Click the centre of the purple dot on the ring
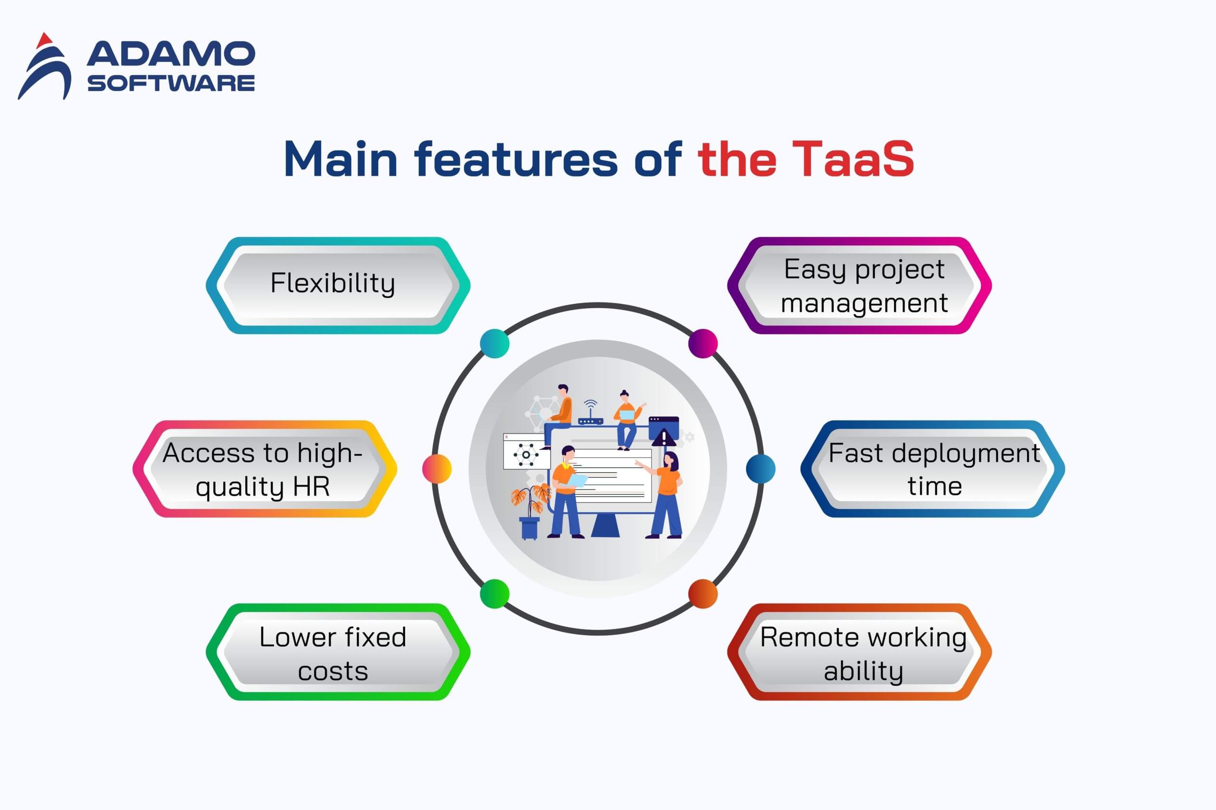[x=703, y=343]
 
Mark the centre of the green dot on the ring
[x=494, y=593]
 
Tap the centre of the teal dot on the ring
[x=494, y=343]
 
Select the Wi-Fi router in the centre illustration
[x=590, y=413]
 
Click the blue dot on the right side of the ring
[x=760, y=469]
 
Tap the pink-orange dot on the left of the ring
[x=437, y=469]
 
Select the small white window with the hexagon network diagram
[x=524, y=452]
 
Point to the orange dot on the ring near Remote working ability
[x=703, y=593]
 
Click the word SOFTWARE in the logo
[x=171, y=83]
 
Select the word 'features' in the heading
[x=516, y=159]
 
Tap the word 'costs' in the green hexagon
[x=333, y=671]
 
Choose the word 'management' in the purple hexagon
[x=864, y=303]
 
